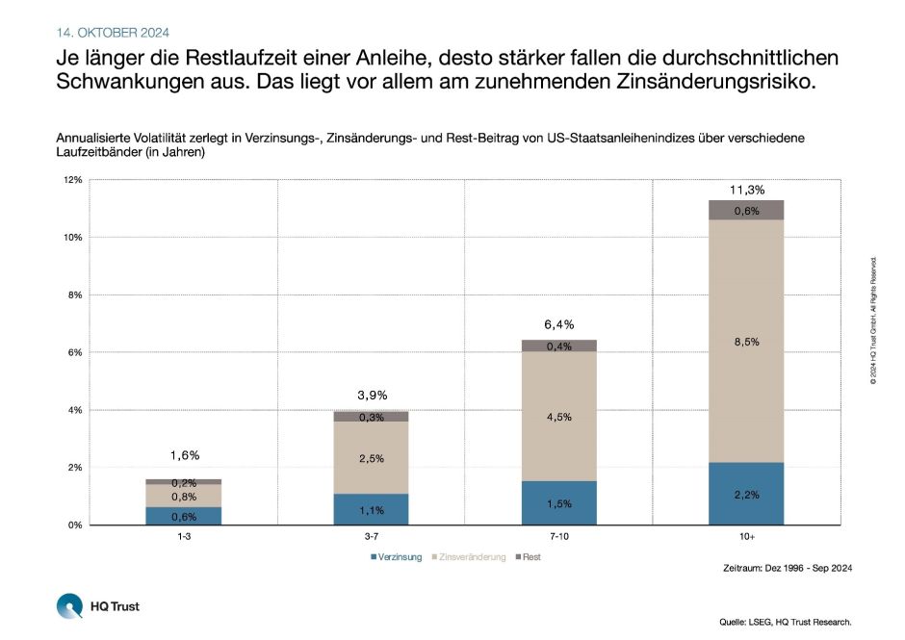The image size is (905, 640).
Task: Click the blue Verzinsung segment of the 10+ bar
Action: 746,494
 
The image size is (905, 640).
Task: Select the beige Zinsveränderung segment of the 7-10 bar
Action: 559,416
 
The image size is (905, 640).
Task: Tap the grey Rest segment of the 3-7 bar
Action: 372,417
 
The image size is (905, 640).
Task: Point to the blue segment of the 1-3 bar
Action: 184,516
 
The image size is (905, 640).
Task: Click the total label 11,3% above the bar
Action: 746,190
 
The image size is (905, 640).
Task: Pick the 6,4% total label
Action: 559,325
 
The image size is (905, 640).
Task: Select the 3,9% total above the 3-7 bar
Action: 372,396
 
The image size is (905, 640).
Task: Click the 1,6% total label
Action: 184,455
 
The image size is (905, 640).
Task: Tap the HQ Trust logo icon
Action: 70,606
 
